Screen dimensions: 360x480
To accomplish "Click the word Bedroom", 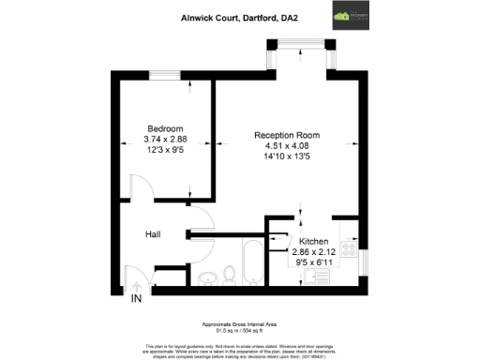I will tap(164, 128).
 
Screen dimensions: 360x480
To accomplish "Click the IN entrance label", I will tap(136, 299).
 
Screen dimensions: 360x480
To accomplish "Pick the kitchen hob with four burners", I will tap(349, 251).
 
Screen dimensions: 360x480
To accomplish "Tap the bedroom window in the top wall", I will tap(165, 73).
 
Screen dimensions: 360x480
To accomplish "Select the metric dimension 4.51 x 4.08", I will tap(287, 145).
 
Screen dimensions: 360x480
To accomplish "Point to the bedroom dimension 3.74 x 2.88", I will tap(164, 139).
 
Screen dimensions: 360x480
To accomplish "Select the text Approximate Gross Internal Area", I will tap(239, 320).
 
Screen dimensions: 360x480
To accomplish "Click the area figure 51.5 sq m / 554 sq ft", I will tap(239, 325).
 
